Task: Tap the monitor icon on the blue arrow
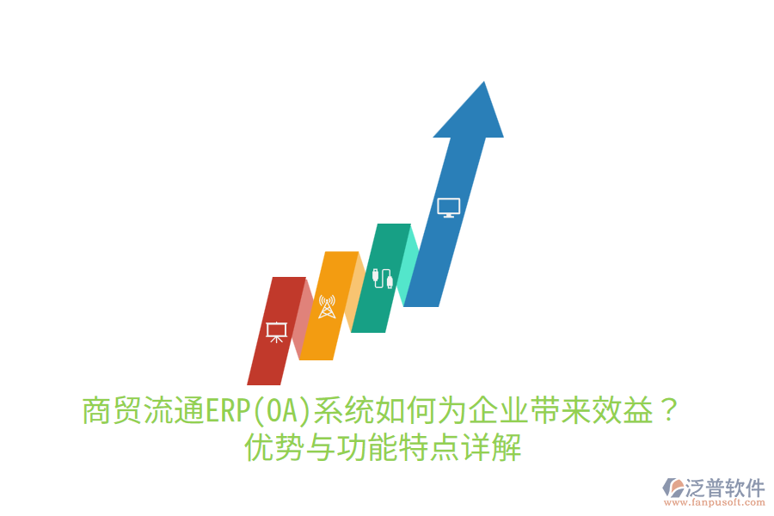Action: [448, 207]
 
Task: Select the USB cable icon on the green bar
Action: [383, 279]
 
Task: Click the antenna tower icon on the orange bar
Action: [327, 306]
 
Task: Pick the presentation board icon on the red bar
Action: [276, 331]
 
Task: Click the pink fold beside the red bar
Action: [302, 318]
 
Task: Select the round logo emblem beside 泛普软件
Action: [672, 488]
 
